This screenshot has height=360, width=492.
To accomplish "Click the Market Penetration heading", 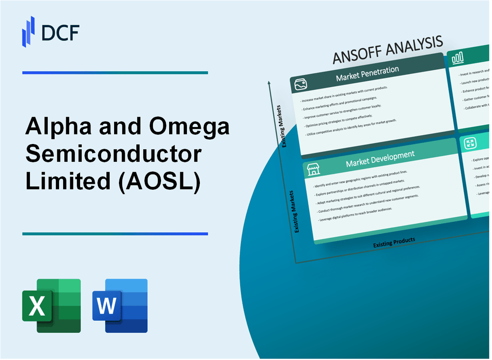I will [x=367, y=75].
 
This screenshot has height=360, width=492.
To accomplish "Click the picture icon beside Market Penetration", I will [x=300, y=85].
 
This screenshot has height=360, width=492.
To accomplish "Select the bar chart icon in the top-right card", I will [x=458, y=58].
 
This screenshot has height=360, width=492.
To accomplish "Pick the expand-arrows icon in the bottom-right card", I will [x=470, y=143].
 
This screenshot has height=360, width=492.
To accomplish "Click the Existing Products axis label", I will [x=394, y=242].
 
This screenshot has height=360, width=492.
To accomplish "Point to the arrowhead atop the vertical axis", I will [x=269, y=83].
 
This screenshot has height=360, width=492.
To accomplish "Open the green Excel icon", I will [x=51, y=306].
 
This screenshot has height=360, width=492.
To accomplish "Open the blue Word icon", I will [x=120, y=306].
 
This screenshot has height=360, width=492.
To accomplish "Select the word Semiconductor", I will [x=115, y=155].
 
